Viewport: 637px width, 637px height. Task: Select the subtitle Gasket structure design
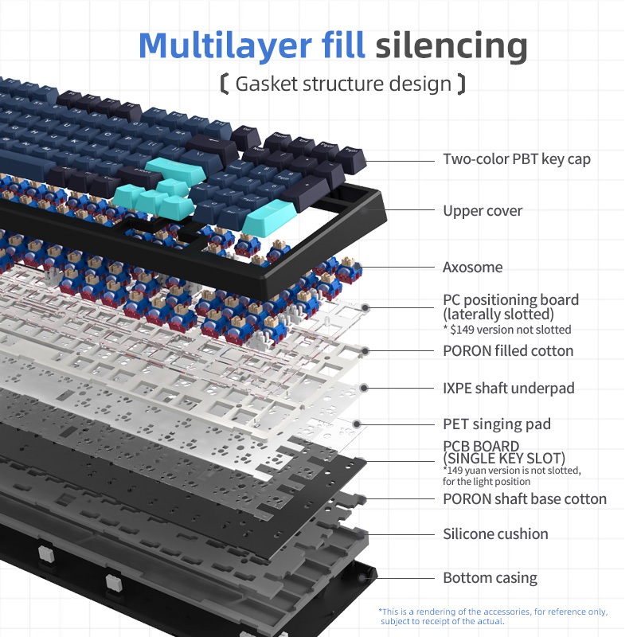(343, 84)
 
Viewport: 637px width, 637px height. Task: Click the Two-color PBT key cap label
(517, 158)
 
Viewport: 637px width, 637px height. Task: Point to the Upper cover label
(483, 210)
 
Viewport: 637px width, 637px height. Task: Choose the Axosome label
(473, 267)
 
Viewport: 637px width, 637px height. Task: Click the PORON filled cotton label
(508, 350)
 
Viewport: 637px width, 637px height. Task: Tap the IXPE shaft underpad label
(509, 388)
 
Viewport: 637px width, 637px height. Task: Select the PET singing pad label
(497, 424)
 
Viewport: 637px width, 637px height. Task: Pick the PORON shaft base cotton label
(525, 498)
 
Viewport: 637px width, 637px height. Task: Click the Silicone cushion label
(495, 533)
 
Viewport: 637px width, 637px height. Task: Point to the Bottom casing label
(490, 577)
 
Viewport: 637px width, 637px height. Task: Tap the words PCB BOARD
(481, 446)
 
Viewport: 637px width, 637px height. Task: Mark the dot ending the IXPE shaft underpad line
(364, 388)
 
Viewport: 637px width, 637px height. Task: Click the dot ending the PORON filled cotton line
(365, 350)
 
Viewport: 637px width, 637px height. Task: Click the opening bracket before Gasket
(225, 84)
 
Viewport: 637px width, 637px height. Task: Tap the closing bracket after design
(461, 84)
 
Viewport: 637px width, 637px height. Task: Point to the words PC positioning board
(510, 300)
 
